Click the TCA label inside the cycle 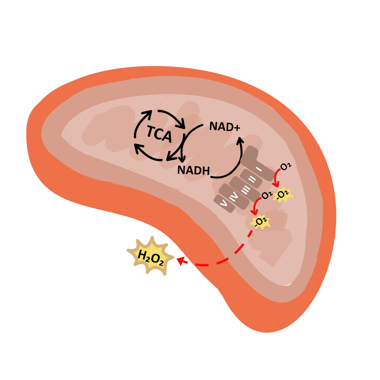tap(159, 133)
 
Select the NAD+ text tap(224, 127)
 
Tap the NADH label tap(194, 170)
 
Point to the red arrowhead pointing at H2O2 tap(181, 261)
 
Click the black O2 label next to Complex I tap(285, 167)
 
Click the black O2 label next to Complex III tap(267, 195)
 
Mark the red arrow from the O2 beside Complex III tap(256, 206)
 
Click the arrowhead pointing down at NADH tap(183, 159)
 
